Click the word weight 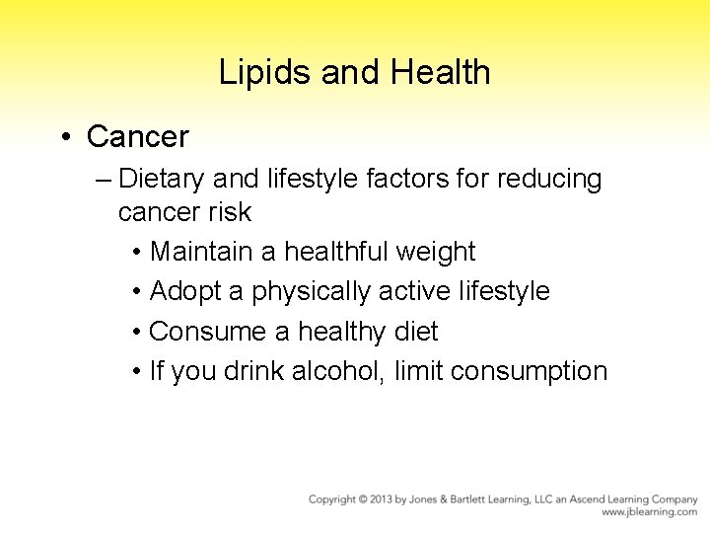pyautogui.click(x=435, y=252)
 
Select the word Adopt pyautogui.click(x=187, y=291)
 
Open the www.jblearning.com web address pyautogui.click(x=650, y=512)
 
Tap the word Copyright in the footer pyautogui.click(x=335, y=499)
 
